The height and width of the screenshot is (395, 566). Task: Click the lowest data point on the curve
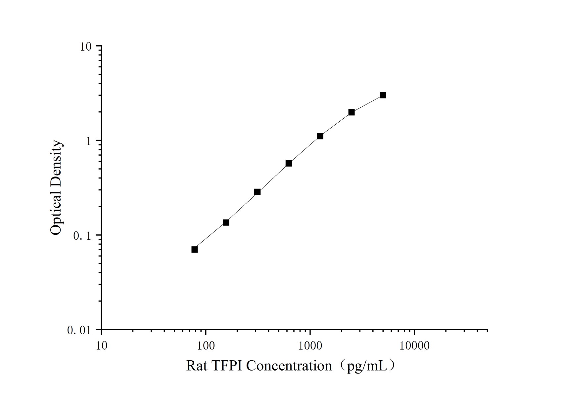tap(195, 250)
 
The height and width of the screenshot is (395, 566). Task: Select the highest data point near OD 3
tap(383, 95)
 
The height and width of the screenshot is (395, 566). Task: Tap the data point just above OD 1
tap(320, 136)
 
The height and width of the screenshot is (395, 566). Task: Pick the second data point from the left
tap(226, 222)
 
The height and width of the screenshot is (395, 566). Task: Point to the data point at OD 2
tap(352, 112)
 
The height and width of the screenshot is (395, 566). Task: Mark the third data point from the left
tap(258, 192)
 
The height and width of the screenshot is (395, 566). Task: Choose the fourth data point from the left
tap(289, 163)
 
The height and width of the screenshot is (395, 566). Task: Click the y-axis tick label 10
tap(85, 47)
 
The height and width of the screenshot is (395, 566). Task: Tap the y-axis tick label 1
tap(88, 141)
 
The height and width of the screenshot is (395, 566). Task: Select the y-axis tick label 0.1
tap(81, 236)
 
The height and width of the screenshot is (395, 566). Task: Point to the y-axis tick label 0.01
tap(79, 330)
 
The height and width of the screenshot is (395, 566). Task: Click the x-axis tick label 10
tap(102, 346)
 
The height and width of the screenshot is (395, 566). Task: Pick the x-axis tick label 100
tap(206, 346)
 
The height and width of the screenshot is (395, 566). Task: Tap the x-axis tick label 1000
tap(310, 346)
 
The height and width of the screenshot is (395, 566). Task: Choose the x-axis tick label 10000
tap(414, 346)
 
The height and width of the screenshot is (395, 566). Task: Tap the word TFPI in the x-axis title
tap(227, 366)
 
